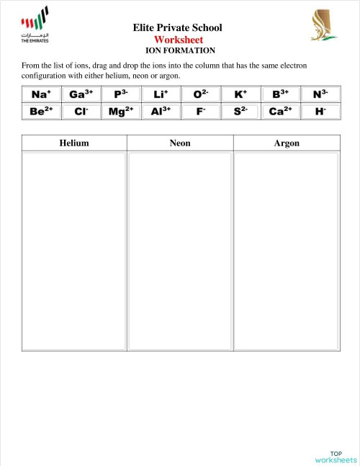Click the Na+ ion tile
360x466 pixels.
click(x=40, y=94)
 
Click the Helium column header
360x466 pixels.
click(x=74, y=143)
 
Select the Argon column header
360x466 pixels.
click(x=287, y=143)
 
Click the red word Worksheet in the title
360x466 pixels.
click(x=178, y=40)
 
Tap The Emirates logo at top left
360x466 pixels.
click(x=35, y=25)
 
